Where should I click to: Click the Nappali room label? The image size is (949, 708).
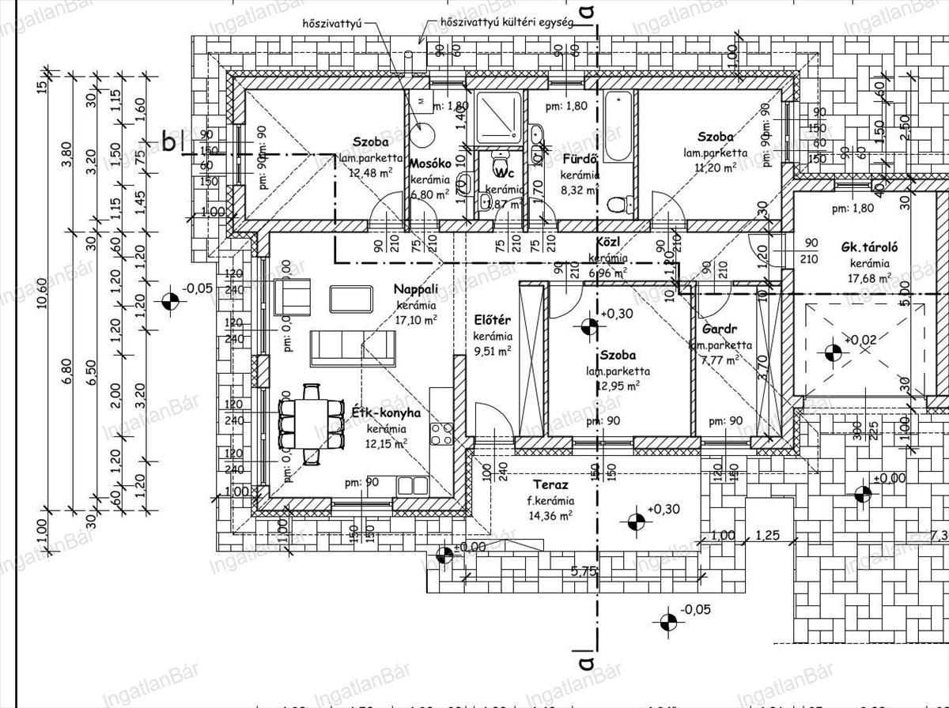pos(415,290)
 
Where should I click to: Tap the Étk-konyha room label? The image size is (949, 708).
pos(385,412)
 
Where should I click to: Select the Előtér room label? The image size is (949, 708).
pos(493,320)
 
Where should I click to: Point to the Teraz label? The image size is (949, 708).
pos(551,484)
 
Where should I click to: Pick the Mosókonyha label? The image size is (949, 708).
pos(430,164)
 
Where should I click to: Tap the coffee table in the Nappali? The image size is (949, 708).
pos(351,298)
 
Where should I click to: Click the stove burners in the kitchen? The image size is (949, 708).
pos(441,432)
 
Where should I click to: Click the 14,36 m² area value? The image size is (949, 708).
pos(550,516)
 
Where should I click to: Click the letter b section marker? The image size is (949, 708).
pos(168,142)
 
